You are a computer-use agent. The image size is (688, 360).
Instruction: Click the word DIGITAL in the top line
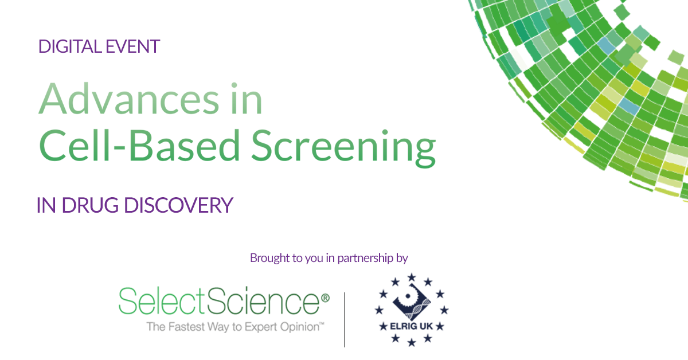pyautogui.click(x=70, y=46)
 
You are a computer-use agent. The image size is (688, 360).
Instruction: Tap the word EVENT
pyautogui.click(x=133, y=46)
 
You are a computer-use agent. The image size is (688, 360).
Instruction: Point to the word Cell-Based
pyautogui.click(x=139, y=145)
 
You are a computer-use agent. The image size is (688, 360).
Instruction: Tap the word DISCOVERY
pyautogui.click(x=179, y=205)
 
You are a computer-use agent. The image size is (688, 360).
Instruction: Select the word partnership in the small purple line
pyautogui.click(x=365, y=259)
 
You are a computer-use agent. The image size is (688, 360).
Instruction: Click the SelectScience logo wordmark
pyautogui.click(x=219, y=301)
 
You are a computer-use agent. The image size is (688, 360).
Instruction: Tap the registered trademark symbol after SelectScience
pyautogui.click(x=325, y=298)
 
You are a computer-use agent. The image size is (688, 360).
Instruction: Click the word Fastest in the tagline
pyautogui.click(x=186, y=327)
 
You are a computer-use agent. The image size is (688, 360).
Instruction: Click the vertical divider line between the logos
pyautogui.click(x=345, y=320)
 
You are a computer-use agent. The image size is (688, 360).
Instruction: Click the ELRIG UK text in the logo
pyautogui.click(x=411, y=326)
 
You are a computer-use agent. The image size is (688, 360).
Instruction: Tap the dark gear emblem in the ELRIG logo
pyautogui.click(x=412, y=302)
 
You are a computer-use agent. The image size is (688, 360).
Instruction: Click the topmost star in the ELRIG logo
pyautogui.click(x=412, y=277)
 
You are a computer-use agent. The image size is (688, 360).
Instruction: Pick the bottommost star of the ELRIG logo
pyautogui.click(x=412, y=342)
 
